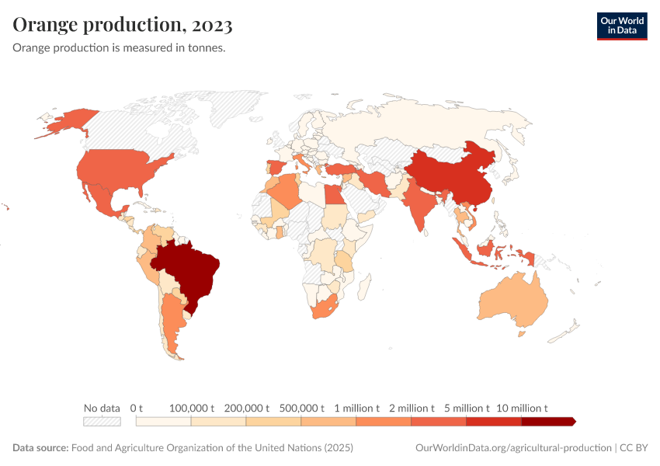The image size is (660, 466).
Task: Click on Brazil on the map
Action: tap(190, 268)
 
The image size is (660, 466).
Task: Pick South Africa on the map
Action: tap(324, 307)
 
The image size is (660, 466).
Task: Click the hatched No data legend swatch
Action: tap(102, 422)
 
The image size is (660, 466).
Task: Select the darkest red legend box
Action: tap(548, 422)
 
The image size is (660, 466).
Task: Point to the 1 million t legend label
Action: tap(356, 408)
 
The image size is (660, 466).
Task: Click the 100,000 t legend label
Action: tap(191, 408)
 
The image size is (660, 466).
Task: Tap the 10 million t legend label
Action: tap(522, 408)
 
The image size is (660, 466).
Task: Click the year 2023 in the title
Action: tap(210, 25)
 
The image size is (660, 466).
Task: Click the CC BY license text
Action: tap(634, 448)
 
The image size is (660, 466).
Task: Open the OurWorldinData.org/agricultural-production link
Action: tap(513, 448)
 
